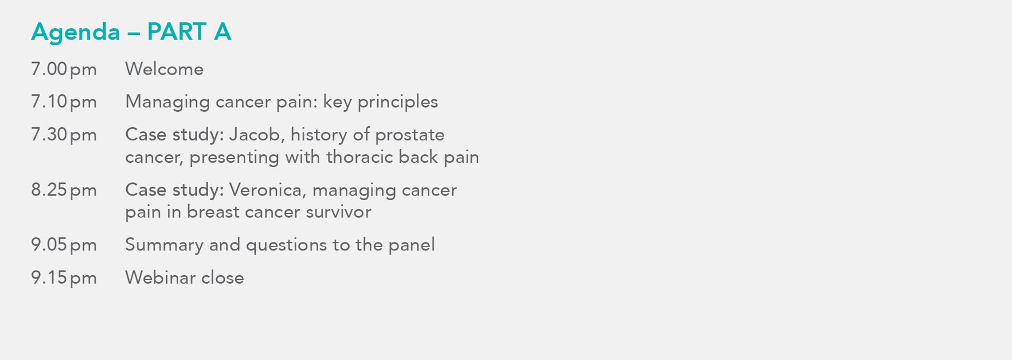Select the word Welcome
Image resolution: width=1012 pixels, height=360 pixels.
[164, 69]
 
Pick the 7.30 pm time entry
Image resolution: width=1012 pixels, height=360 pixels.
[64, 135]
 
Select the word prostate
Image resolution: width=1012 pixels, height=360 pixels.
[409, 135]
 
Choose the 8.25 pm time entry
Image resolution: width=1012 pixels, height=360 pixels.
[64, 190]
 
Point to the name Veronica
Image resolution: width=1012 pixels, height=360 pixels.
[268, 190]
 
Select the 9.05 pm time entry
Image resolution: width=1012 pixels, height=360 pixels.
[64, 245]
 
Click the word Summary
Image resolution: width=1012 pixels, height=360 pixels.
[164, 245]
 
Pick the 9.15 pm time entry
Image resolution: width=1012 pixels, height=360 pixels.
[64, 278]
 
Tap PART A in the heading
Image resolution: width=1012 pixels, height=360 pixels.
[189, 32]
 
